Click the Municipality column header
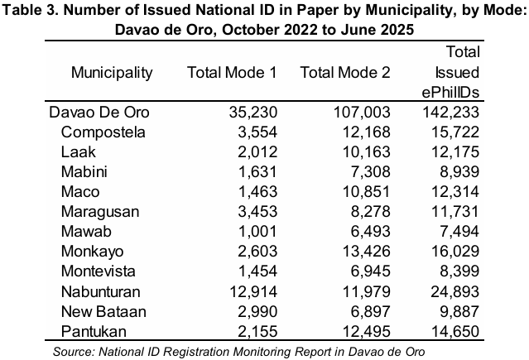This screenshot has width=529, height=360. pyautogui.click(x=112, y=73)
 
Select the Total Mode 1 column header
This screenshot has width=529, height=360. pyautogui.click(x=232, y=73)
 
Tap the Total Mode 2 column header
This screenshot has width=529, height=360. pyautogui.click(x=345, y=73)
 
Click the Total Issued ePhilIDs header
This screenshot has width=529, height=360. pyautogui.click(x=450, y=72)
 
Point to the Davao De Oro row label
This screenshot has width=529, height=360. pyautogui.click(x=99, y=113)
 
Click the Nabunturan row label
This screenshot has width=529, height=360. pyautogui.click(x=100, y=292)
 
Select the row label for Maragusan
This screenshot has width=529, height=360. pyautogui.click(x=100, y=212)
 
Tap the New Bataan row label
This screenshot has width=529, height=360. pyautogui.click(x=103, y=312)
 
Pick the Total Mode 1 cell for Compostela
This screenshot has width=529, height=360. pyautogui.click(x=257, y=132)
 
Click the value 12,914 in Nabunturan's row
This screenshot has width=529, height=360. pyautogui.click(x=253, y=292)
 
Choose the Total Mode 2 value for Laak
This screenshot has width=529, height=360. pyautogui.click(x=367, y=152)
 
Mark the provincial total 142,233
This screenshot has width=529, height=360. pyautogui.click(x=451, y=113)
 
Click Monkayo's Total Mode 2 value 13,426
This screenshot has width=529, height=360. pyautogui.click(x=367, y=252)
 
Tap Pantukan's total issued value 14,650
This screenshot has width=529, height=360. pyautogui.click(x=455, y=331)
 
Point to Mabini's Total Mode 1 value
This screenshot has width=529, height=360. pyautogui.click(x=257, y=172)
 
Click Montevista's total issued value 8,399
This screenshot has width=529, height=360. pyautogui.click(x=459, y=271)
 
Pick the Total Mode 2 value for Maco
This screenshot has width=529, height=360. pyautogui.click(x=367, y=192)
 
